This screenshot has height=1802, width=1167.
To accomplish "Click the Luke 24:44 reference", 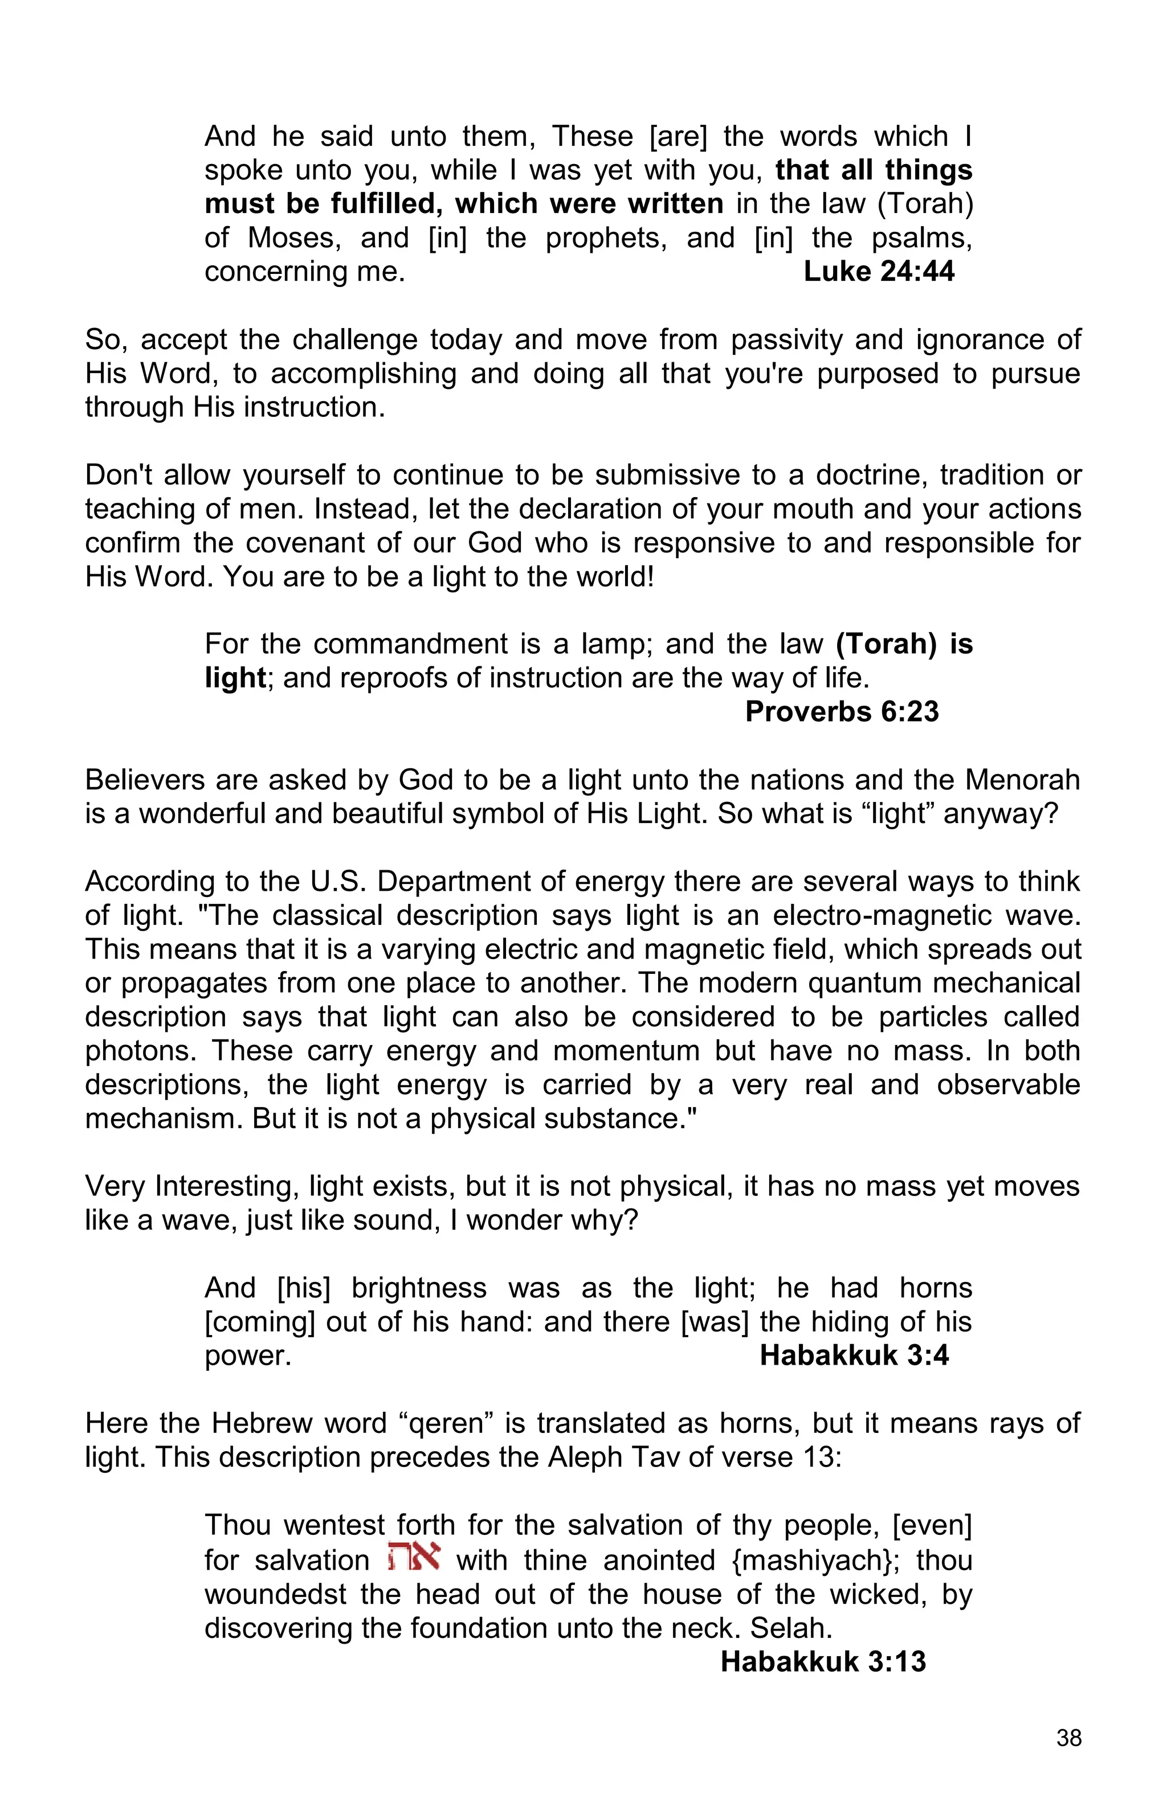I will click(x=879, y=271).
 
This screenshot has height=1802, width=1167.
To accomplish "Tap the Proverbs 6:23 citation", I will click(x=842, y=712).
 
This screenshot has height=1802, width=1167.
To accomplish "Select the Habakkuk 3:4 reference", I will click(x=854, y=1355).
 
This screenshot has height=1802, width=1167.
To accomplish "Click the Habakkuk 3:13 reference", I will click(x=823, y=1662).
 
